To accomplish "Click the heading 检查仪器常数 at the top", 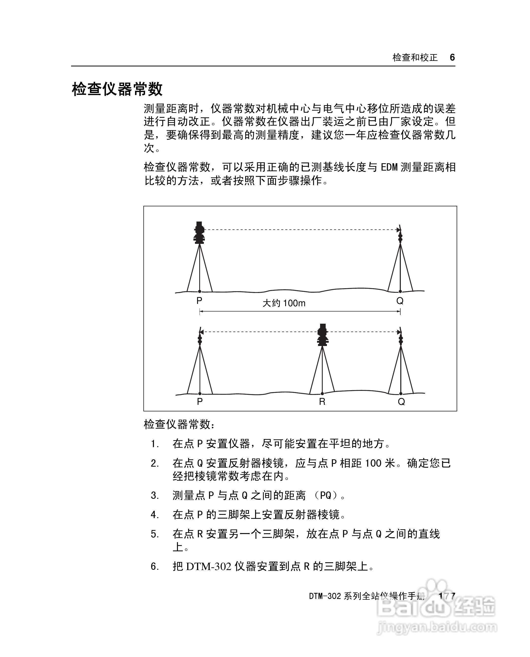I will (117, 89).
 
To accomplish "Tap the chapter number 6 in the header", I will (452, 57).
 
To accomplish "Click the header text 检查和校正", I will (415, 57).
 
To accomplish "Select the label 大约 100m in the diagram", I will (284, 303).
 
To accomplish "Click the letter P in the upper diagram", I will (199, 301).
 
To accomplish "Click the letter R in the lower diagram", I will (322, 402).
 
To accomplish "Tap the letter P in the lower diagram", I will (200, 401).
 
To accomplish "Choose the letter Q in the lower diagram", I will (401, 402).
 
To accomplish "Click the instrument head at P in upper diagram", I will (199, 232).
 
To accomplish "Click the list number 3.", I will (155, 496).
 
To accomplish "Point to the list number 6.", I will (155, 566).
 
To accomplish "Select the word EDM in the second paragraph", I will (389, 167).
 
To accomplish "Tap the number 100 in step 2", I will (373, 463).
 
